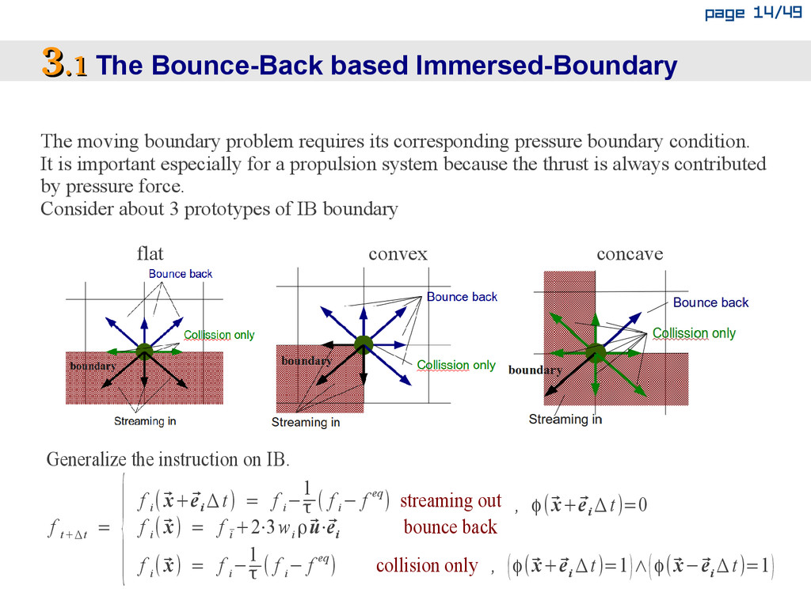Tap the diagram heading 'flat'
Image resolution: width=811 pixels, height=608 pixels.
click(150, 253)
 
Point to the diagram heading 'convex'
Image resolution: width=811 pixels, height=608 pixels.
click(398, 254)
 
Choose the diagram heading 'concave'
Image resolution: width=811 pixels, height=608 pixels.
click(630, 254)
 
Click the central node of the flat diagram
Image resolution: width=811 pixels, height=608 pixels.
click(143, 351)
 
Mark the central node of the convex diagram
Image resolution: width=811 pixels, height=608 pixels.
click(363, 344)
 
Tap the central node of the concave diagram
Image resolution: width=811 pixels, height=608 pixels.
click(596, 352)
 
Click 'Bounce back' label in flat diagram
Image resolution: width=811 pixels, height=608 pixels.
click(181, 274)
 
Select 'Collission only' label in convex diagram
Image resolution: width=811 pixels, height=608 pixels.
click(455, 365)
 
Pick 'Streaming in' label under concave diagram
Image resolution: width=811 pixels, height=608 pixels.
click(565, 419)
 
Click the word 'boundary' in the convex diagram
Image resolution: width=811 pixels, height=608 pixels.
click(307, 361)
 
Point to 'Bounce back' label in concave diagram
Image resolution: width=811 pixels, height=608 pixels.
click(710, 302)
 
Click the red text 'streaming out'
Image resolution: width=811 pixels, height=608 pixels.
click(450, 500)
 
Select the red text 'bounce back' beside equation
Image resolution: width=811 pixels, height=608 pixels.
click(450, 527)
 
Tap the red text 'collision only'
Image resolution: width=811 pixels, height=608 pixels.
click(427, 565)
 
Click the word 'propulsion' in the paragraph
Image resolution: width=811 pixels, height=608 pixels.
click(328, 165)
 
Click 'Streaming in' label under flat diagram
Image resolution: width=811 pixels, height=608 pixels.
click(145, 421)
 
